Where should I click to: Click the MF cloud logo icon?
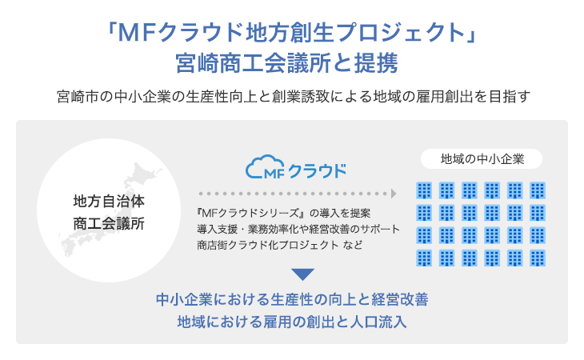(265, 167)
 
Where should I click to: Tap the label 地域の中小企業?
(482, 159)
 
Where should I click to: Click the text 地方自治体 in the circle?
(109, 201)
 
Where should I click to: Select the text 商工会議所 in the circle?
(109, 224)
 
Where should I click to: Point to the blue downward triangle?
(303, 274)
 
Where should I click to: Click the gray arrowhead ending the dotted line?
(394, 194)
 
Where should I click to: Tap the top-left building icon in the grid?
(424, 190)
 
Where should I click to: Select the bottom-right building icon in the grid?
(538, 258)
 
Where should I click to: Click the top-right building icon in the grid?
(538, 190)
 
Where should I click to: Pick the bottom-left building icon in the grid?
(424, 258)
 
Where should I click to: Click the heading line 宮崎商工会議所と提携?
(286, 63)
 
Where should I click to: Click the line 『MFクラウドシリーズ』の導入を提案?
(284, 214)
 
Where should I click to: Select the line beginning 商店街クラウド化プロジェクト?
(280, 245)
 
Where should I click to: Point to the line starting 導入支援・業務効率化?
(298, 229)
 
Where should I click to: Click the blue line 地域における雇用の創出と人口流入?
(292, 322)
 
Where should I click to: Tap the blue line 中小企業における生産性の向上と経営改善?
(292, 299)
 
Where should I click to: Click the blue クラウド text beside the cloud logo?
(318, 171)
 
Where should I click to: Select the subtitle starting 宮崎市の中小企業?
(294, 97)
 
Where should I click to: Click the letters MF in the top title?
(136, 32)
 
